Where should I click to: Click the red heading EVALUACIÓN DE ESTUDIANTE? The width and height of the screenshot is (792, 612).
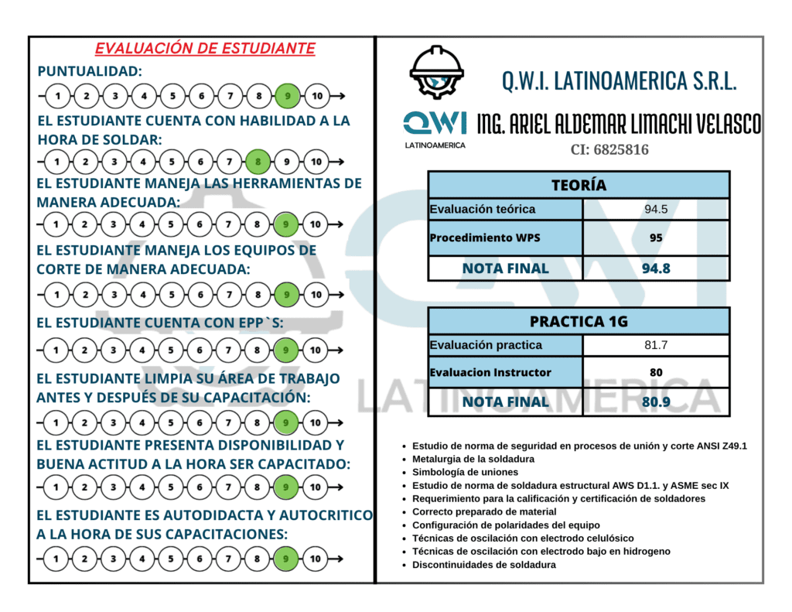pos(205,49)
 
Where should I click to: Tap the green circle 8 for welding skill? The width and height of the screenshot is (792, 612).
pos(258,162)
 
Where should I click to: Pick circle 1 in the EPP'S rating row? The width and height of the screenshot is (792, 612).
pos(56,350)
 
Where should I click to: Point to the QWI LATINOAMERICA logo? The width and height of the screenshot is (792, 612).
pos(435,128)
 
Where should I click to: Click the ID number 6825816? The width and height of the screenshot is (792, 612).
pos(609,149)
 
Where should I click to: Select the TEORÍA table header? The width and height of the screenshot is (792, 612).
pos(579,185)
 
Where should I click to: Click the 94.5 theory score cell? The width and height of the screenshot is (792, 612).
pos(656,209)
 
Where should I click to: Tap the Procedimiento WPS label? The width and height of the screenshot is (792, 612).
pos(485,238)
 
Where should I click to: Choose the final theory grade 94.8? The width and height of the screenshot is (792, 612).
pos(656,268)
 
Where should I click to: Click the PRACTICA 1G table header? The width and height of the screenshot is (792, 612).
pos(579,321)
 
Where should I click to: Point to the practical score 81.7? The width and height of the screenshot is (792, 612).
pos(656,345)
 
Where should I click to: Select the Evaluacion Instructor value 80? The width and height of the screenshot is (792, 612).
pos(656,372)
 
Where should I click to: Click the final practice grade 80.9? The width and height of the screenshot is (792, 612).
pos(656,402)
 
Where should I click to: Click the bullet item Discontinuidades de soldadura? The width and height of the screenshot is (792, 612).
pos(483,564)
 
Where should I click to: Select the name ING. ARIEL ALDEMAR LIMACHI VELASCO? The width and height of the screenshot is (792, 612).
pos(619,124)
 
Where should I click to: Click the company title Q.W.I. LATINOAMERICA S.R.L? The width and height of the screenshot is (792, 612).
pos(619,80)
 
